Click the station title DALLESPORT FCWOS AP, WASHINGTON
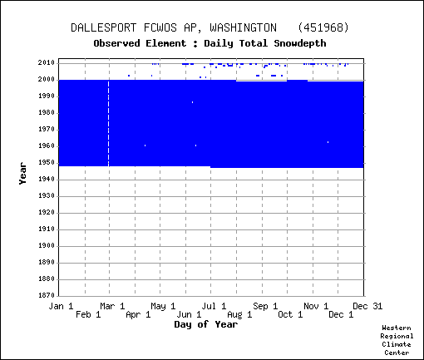174,27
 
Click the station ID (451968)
323,27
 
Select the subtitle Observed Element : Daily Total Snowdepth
210,43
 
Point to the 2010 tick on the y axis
47,63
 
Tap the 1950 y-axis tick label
47,163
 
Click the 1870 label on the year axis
47,295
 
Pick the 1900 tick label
47,246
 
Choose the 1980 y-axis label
47,113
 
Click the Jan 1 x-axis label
61,306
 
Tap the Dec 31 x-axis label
367,306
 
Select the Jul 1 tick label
214,306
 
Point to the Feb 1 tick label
88,314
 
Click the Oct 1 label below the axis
290,314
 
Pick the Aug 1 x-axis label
239,314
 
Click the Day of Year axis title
206,324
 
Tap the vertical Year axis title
22,174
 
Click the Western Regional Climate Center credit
397,340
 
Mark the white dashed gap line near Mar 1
108,123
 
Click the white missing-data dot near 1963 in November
328,142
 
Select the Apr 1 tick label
138,314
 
